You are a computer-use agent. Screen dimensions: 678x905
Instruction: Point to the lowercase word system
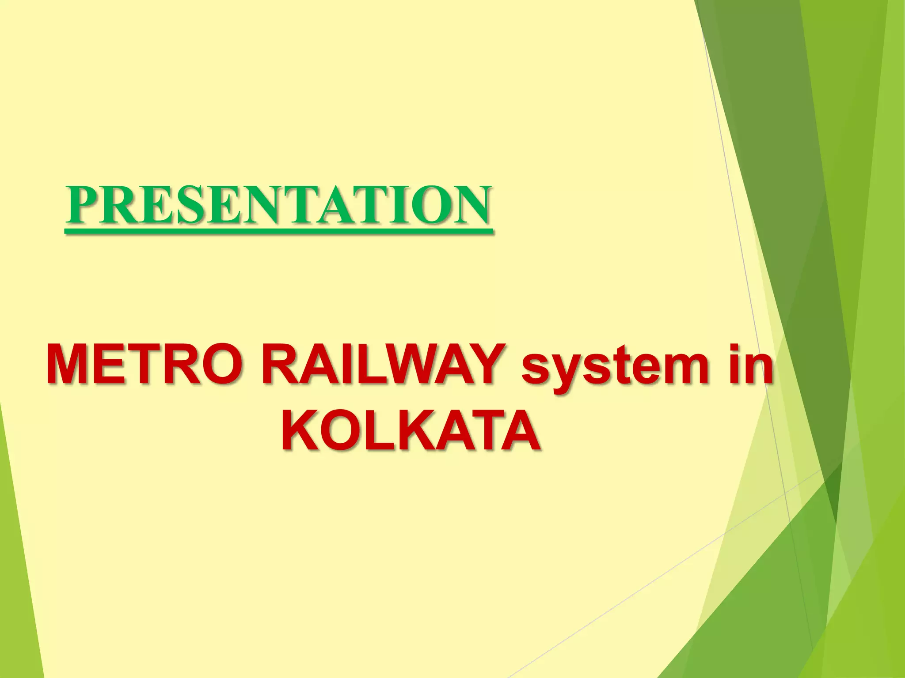(x=613, y=369)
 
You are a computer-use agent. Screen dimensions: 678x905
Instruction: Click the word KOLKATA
(x=410, y=428)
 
